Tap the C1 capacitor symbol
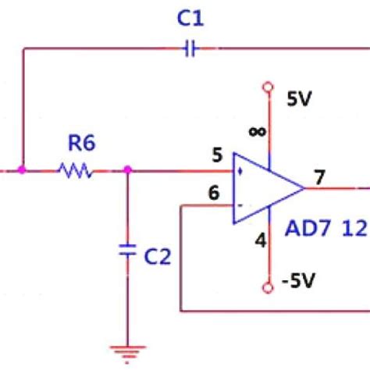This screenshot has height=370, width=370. tap(190, 48)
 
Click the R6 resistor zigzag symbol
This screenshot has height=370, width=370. tap(76, 169)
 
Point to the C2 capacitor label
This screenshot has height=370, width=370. tap(158, 256)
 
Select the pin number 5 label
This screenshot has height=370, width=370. tap(217, 155)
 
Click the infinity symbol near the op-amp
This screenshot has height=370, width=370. tap(256, 131)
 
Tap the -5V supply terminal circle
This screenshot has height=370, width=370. tap(268, 288)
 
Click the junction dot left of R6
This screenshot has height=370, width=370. tap(23, 169)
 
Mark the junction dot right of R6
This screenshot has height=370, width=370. tap(128, 169)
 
